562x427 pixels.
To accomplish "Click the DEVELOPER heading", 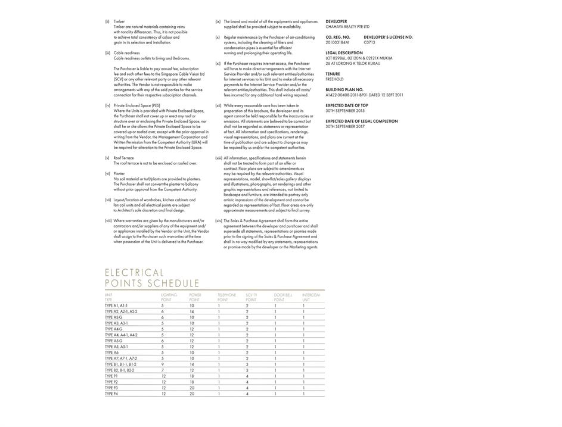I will click(x=336, y=21).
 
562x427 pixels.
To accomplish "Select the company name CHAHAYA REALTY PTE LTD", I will click(x=347, y=27).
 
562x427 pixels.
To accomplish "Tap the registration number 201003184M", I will click(x=337, y=42).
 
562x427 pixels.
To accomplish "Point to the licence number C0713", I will click(x=370, y=42).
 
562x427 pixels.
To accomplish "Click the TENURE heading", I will click(x=333, y=74).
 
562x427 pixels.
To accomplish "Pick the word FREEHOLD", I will click(x=334, y=79).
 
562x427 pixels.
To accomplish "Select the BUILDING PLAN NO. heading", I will click(x=344, y=89).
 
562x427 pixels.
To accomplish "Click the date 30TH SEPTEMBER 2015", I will click(x=345, y=111).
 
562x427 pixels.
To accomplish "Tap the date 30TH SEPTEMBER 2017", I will click(x=345, y=126).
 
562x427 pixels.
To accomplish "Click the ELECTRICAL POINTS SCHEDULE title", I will click(x=152, y=278).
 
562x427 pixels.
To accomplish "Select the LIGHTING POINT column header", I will click(x=169, y=297).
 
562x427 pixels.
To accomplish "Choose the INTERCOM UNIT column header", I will click(x=311, y=297).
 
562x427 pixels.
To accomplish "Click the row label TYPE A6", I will click(x=112, y=353).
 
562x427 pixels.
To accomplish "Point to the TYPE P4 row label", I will click(x=111, y=394).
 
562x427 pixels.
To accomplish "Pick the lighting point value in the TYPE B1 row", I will click(x=162, y=364).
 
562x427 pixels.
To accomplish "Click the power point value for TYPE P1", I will click(x=192, y=376).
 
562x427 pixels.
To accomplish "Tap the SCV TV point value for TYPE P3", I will click(x=247, y=388).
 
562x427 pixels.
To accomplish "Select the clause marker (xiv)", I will click(x=219, y=220).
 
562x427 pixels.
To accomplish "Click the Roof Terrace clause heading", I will click(x=123, y=158).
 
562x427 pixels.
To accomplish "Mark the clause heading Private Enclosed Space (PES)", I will click(x=136, y=105).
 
